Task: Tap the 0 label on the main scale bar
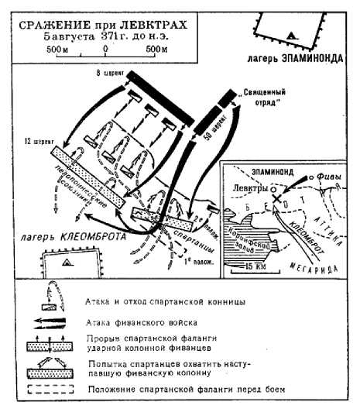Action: tap(105, 48)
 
